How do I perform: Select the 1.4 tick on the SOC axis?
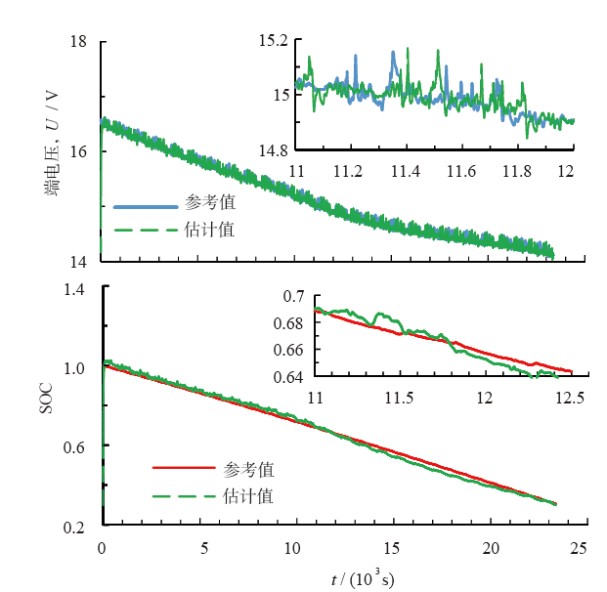[74, 289]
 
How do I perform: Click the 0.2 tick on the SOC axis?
[74, 528]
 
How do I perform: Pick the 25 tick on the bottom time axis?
[579, 549]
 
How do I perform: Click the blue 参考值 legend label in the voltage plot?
[209, 206]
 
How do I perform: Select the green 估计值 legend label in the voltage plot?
[209, 231]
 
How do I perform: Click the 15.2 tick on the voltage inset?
[275, 41]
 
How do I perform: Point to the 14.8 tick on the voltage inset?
[275, 149]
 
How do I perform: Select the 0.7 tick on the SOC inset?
[292, 296]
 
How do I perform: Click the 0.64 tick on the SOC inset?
[288, 377]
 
